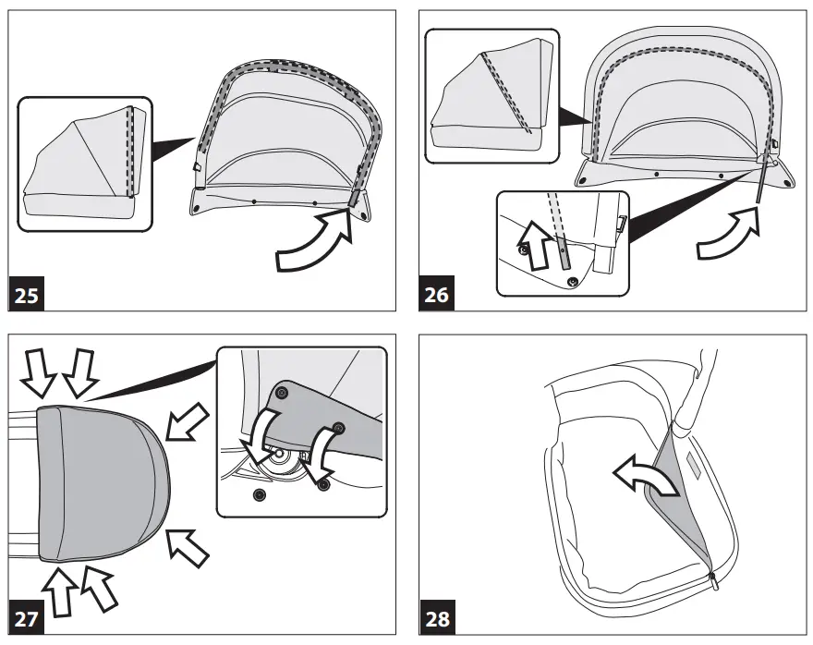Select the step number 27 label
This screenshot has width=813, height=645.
[x=27, y=618]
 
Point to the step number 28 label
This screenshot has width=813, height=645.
[x=437, y=618]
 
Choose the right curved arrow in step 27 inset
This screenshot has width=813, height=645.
[x=323, y=448]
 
